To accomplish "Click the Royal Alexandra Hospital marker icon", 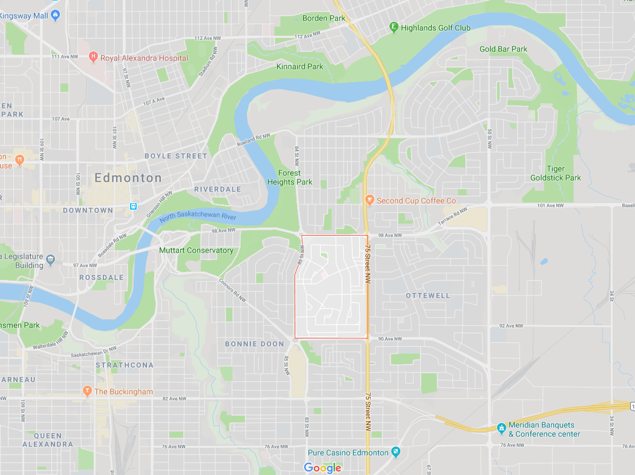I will tap(93, 57).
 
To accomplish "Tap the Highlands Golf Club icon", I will tap(394, 27).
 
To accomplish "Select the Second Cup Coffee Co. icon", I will tap(370, 200).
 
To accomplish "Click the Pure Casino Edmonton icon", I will tap(396, 452).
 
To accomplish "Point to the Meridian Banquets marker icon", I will tap(501, 428).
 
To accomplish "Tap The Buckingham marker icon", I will tap(87, 391).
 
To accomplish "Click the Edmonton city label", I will tap(128, 178).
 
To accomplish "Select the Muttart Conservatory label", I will tap(196, 250).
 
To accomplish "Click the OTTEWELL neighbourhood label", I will tap(428, 296).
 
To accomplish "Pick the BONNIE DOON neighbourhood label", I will tap(255, 344).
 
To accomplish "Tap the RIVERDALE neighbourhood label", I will tap(218, 189).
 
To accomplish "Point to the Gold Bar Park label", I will tap(503, 49).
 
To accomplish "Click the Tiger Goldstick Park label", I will tap(555, 173).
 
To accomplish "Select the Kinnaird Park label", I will tap(299, 66).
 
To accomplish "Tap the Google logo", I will tap(322, 467).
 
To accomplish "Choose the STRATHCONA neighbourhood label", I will tap(125, 365).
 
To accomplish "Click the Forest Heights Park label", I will tap(290, 178).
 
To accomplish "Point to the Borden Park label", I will tap(324, 18).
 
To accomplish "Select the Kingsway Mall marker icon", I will tap(56, 14).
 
